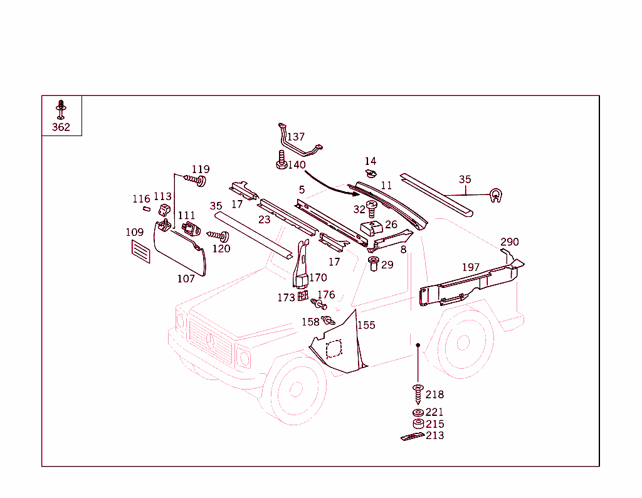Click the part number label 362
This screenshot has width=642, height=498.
pos(61,127)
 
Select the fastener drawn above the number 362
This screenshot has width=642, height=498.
pos(61,109)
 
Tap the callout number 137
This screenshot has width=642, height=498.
pos(296,137)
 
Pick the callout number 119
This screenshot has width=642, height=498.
pos(201,169)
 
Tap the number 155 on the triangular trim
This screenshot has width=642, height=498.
pos(366,325)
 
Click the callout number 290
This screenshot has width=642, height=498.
pos(509,242)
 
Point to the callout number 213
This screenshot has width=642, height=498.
pos(434,435)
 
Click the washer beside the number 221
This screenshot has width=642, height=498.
pos(418,412)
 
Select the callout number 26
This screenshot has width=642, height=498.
pos(391,225)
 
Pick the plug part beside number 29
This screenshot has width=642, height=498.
pos(374,263)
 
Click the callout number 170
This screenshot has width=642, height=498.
pos(318,278)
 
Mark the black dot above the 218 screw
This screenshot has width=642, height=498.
pos(418,344)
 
